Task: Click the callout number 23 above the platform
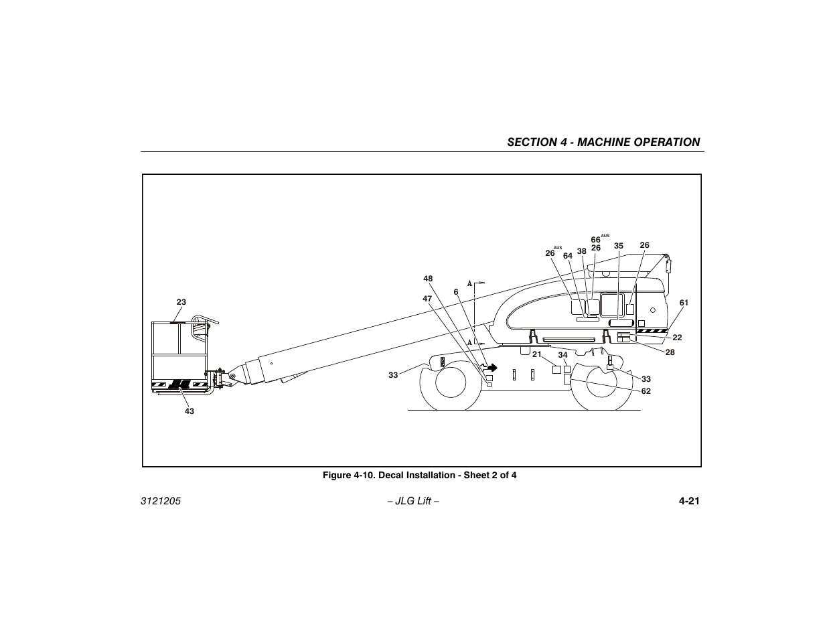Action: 181,302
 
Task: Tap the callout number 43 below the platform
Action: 190,411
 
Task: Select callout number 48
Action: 428,279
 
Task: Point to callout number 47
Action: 427,298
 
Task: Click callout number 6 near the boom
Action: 456,291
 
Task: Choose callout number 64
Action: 568,256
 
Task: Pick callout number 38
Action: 581,252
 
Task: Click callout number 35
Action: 619,246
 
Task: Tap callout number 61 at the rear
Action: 684,303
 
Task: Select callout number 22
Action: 677,338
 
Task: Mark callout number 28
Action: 670,352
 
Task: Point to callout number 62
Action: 646,391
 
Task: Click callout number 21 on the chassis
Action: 536,354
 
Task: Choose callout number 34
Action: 562,355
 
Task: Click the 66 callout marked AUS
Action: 595,240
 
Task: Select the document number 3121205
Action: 161,502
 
